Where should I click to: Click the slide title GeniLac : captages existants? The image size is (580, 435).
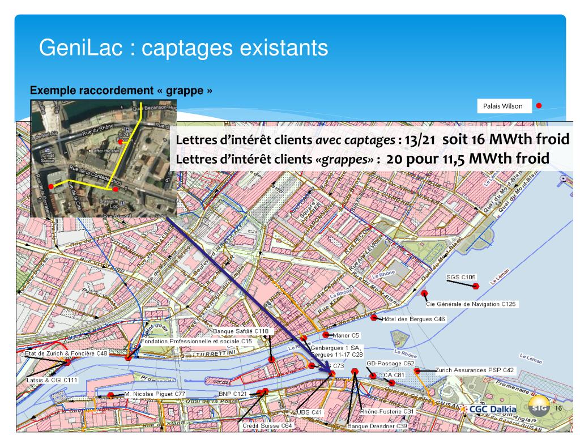point(183,48)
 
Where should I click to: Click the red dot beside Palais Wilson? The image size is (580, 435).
point(539,105)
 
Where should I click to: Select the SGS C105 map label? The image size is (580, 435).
point(461,277)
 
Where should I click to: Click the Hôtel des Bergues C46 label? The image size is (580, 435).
point(414,319)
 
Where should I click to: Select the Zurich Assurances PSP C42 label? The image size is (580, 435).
point(475,370)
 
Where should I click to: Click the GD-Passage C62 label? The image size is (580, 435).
point(390,363)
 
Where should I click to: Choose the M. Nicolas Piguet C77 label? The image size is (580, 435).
point(155,393)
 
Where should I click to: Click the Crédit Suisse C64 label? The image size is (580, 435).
point(267,425)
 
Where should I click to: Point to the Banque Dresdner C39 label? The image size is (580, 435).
point(377,425)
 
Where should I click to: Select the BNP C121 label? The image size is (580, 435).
point(233,393)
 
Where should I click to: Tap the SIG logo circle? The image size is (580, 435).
point(539,407)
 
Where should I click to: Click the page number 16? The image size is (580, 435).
point(558,408)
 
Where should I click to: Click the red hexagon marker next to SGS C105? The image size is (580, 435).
point(476,286)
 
